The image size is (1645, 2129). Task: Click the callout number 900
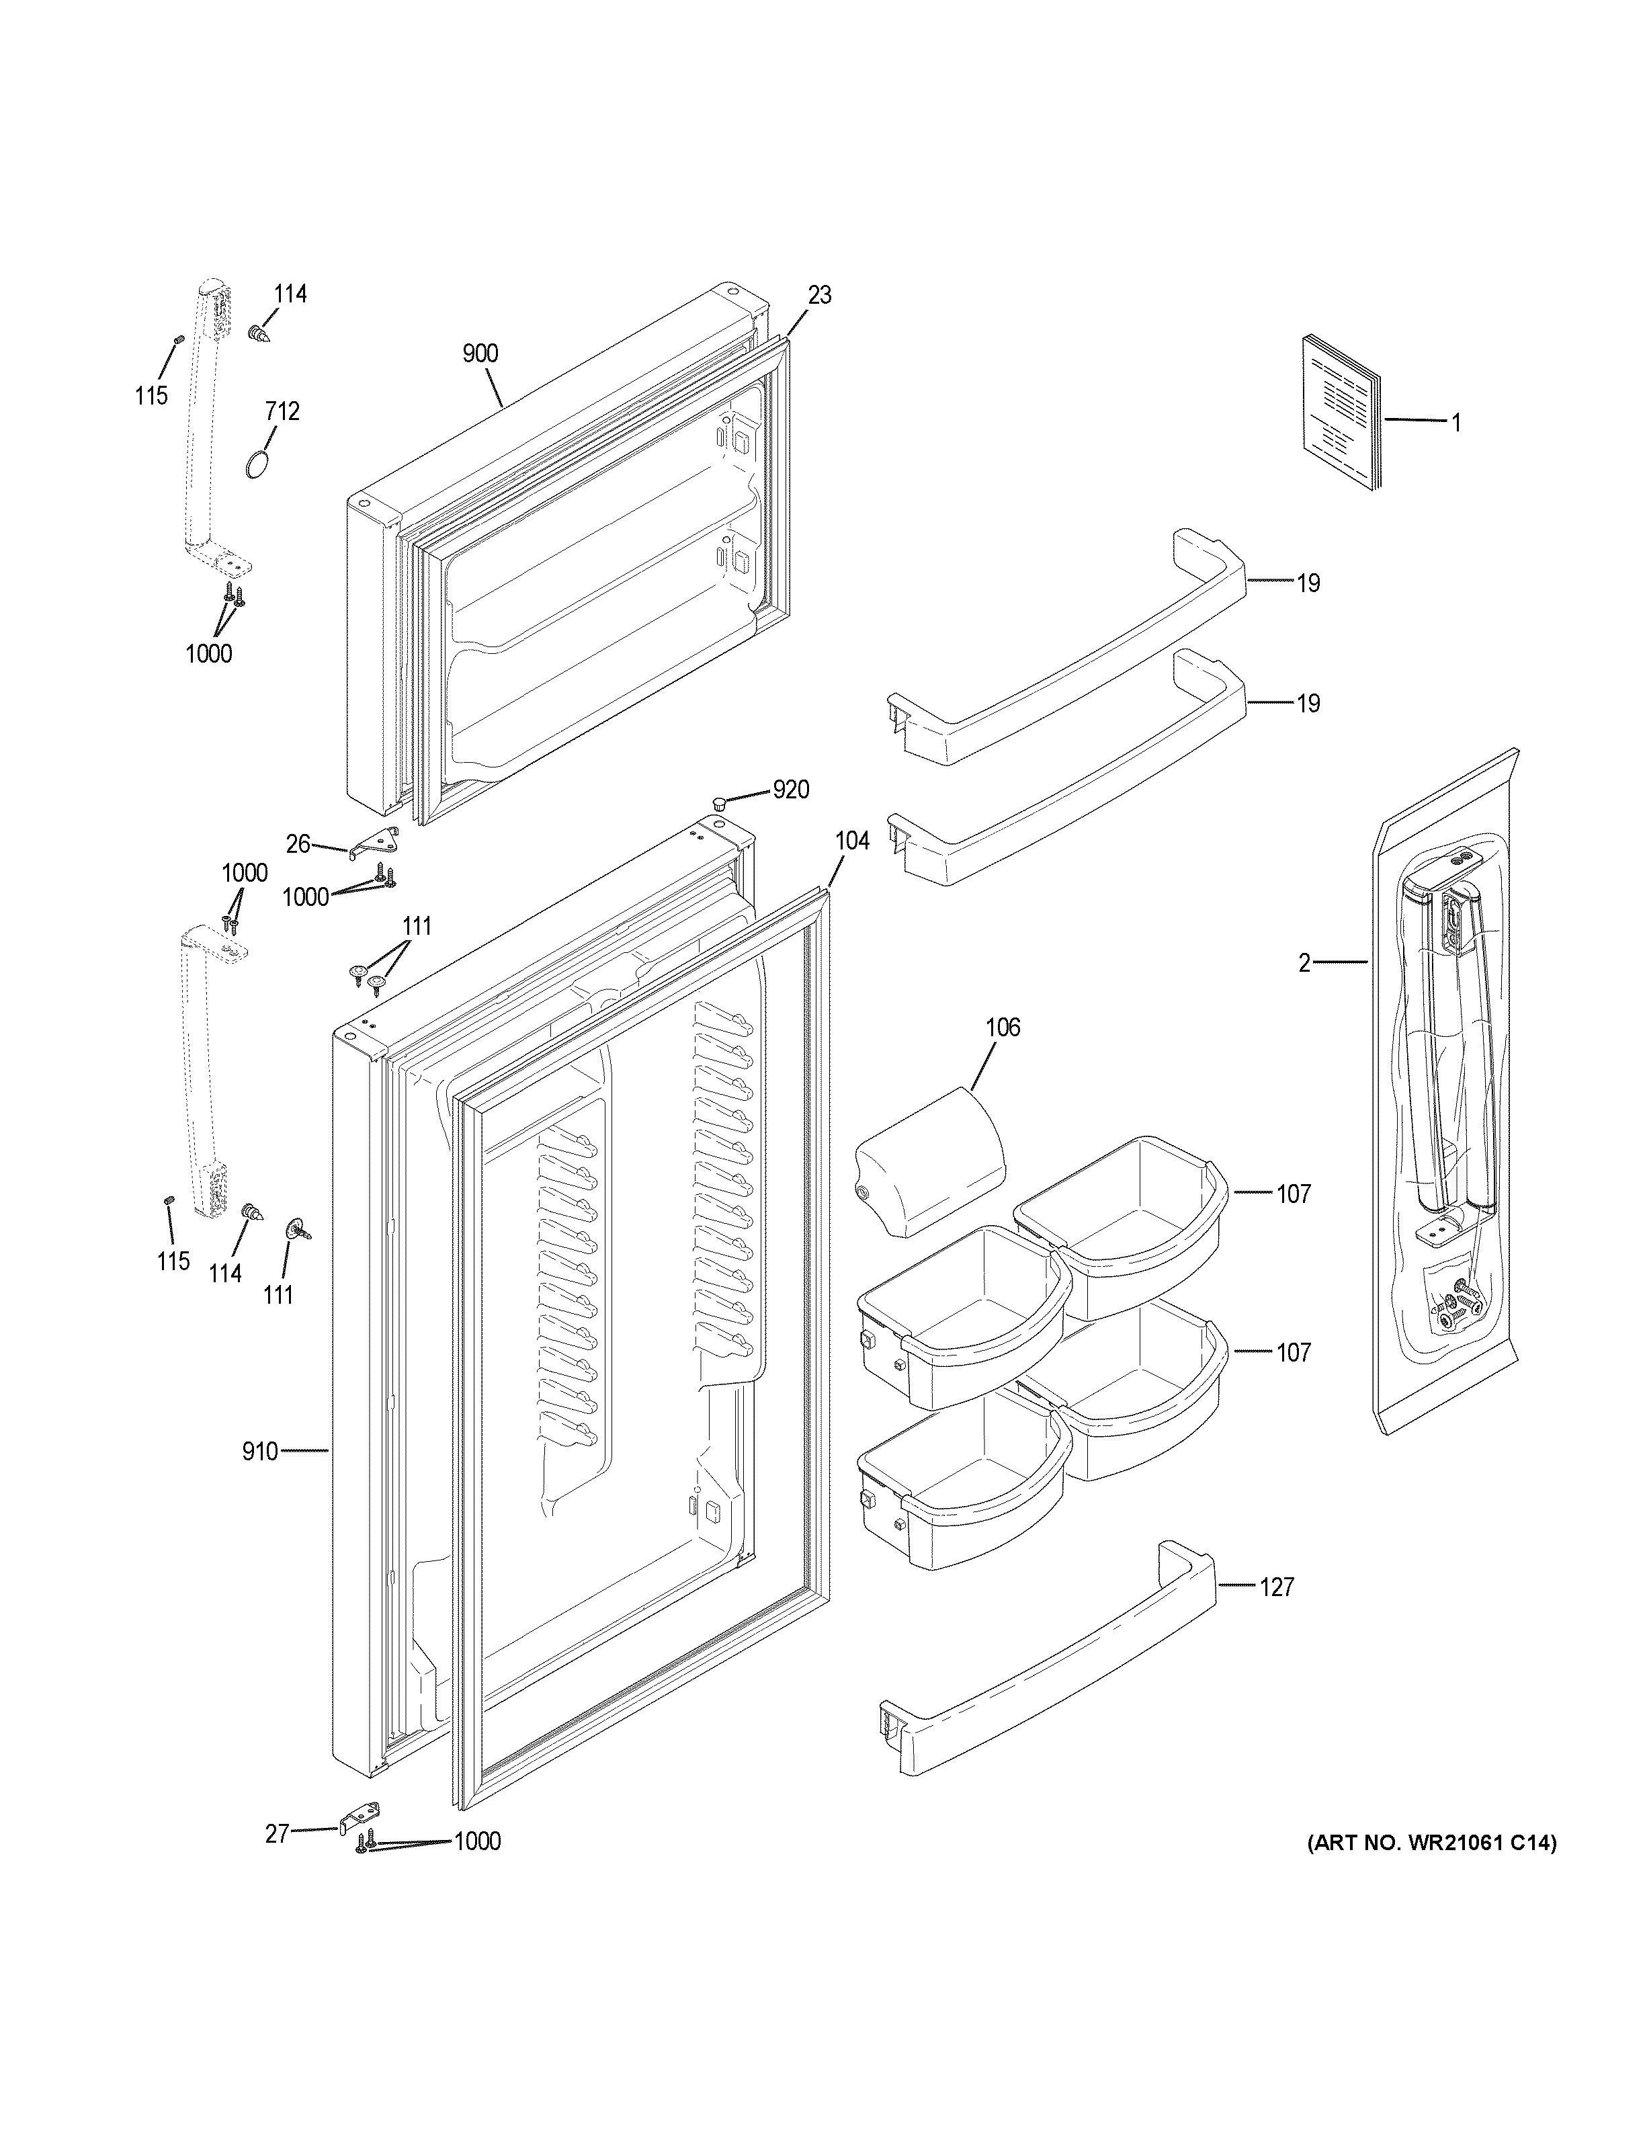point(480,354)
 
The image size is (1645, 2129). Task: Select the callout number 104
point(852,840)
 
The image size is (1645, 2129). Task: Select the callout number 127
point(1277,1587)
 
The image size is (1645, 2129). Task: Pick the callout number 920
point(790,790)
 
